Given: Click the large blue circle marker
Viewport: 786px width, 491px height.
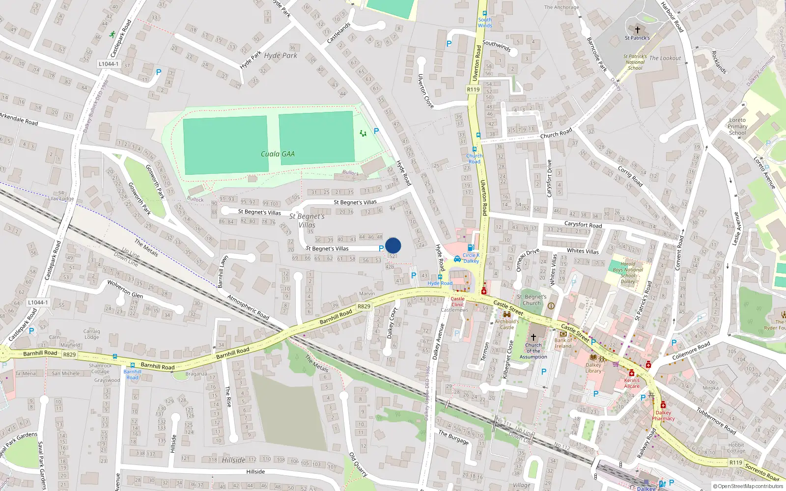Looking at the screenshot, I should (x=393, y=245).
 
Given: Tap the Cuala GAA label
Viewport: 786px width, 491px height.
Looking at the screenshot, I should (x=278, y=154).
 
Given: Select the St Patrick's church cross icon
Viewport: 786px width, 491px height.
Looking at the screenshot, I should (x=638, y=30).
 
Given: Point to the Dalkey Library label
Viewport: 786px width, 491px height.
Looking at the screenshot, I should (x=593, y=368).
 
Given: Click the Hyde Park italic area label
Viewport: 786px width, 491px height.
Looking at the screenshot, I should (x=281, y=56).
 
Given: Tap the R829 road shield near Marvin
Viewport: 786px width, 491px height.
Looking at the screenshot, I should (x=364, y=306).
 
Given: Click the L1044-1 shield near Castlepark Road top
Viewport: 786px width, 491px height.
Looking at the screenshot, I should (x=108, y=64).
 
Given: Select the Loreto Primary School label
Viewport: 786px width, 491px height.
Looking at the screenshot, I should (x=737, y=126).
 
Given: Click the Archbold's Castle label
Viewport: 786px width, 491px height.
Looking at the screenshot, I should (x=507, y=325).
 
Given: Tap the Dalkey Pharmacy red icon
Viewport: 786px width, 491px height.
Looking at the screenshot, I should (x=663, y=405).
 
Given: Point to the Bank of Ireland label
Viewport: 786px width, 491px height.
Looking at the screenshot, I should (x=563, y=343).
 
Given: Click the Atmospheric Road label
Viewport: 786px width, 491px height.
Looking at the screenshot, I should (x=248, y=307).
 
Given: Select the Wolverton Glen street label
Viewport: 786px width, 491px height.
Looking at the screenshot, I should (x=125, y=290).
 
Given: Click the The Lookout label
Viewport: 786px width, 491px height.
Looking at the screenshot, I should (x=665, y=58).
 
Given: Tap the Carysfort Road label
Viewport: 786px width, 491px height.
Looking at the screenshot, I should (x=583, y=225).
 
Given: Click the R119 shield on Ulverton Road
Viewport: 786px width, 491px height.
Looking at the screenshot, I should (x=473, y=89).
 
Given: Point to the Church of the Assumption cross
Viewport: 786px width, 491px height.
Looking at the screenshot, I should (x=533, y=337).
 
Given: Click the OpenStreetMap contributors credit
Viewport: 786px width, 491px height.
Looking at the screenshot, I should (x=748, y=487).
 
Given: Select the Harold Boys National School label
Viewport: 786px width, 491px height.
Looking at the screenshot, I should (x=628, y=273).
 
